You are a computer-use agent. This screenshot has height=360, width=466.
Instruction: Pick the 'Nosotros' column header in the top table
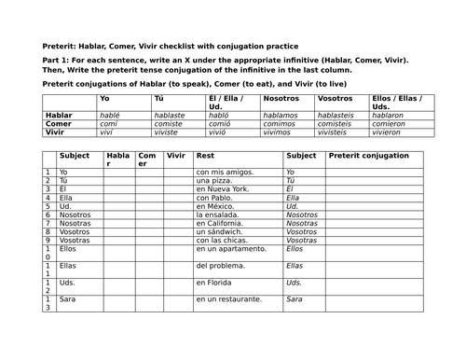coord(281,98)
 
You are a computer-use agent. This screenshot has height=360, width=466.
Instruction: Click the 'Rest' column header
coord(206,156)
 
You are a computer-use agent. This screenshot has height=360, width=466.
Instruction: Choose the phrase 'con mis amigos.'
coord(223,173)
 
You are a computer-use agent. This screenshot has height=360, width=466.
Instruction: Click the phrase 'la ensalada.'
coord(216,215)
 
